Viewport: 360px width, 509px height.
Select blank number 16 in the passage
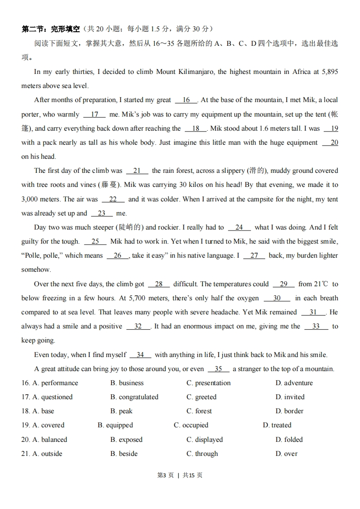(x=186, y=100)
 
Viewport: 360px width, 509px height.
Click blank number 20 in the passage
(x=330, y=142)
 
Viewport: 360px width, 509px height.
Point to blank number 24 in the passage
(x=239, y=227)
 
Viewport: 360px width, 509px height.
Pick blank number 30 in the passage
(x=277, y=298)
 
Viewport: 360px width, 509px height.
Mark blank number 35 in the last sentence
(x=219, y=369)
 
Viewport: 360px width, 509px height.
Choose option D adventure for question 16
(x=294, y=383)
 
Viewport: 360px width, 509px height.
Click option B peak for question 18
(x=121, y=411)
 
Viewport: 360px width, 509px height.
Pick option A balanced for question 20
(x=49, y=440)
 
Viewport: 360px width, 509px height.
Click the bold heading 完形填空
(x=65, y=29)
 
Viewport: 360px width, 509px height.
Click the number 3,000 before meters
(x=31, y=199)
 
